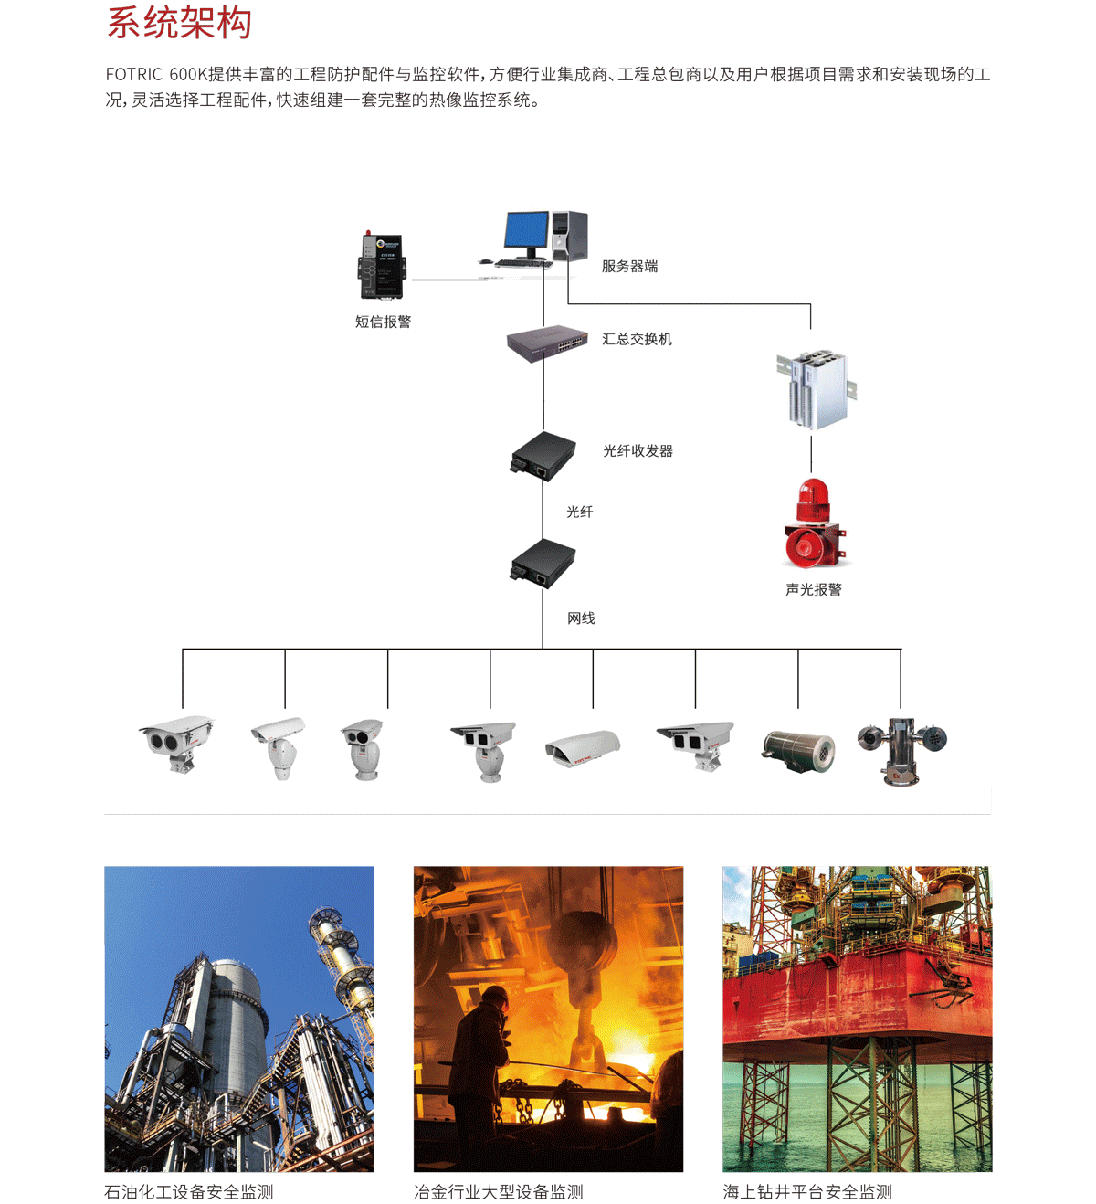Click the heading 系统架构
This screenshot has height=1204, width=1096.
179,23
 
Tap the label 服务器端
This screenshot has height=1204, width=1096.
629,266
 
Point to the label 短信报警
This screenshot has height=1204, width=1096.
383,322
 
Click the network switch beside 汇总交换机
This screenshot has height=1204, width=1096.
547,343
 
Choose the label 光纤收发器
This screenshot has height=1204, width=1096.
638,450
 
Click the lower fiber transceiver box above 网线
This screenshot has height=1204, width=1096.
543,563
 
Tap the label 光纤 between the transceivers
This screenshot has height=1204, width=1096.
579,512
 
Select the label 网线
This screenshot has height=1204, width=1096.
581,618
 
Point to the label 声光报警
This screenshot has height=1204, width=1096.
813,589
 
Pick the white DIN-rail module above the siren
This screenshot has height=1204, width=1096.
817,388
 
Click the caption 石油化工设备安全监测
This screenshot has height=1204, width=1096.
189,1192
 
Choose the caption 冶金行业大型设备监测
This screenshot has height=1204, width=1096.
498,1192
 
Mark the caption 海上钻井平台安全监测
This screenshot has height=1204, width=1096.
807,1192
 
